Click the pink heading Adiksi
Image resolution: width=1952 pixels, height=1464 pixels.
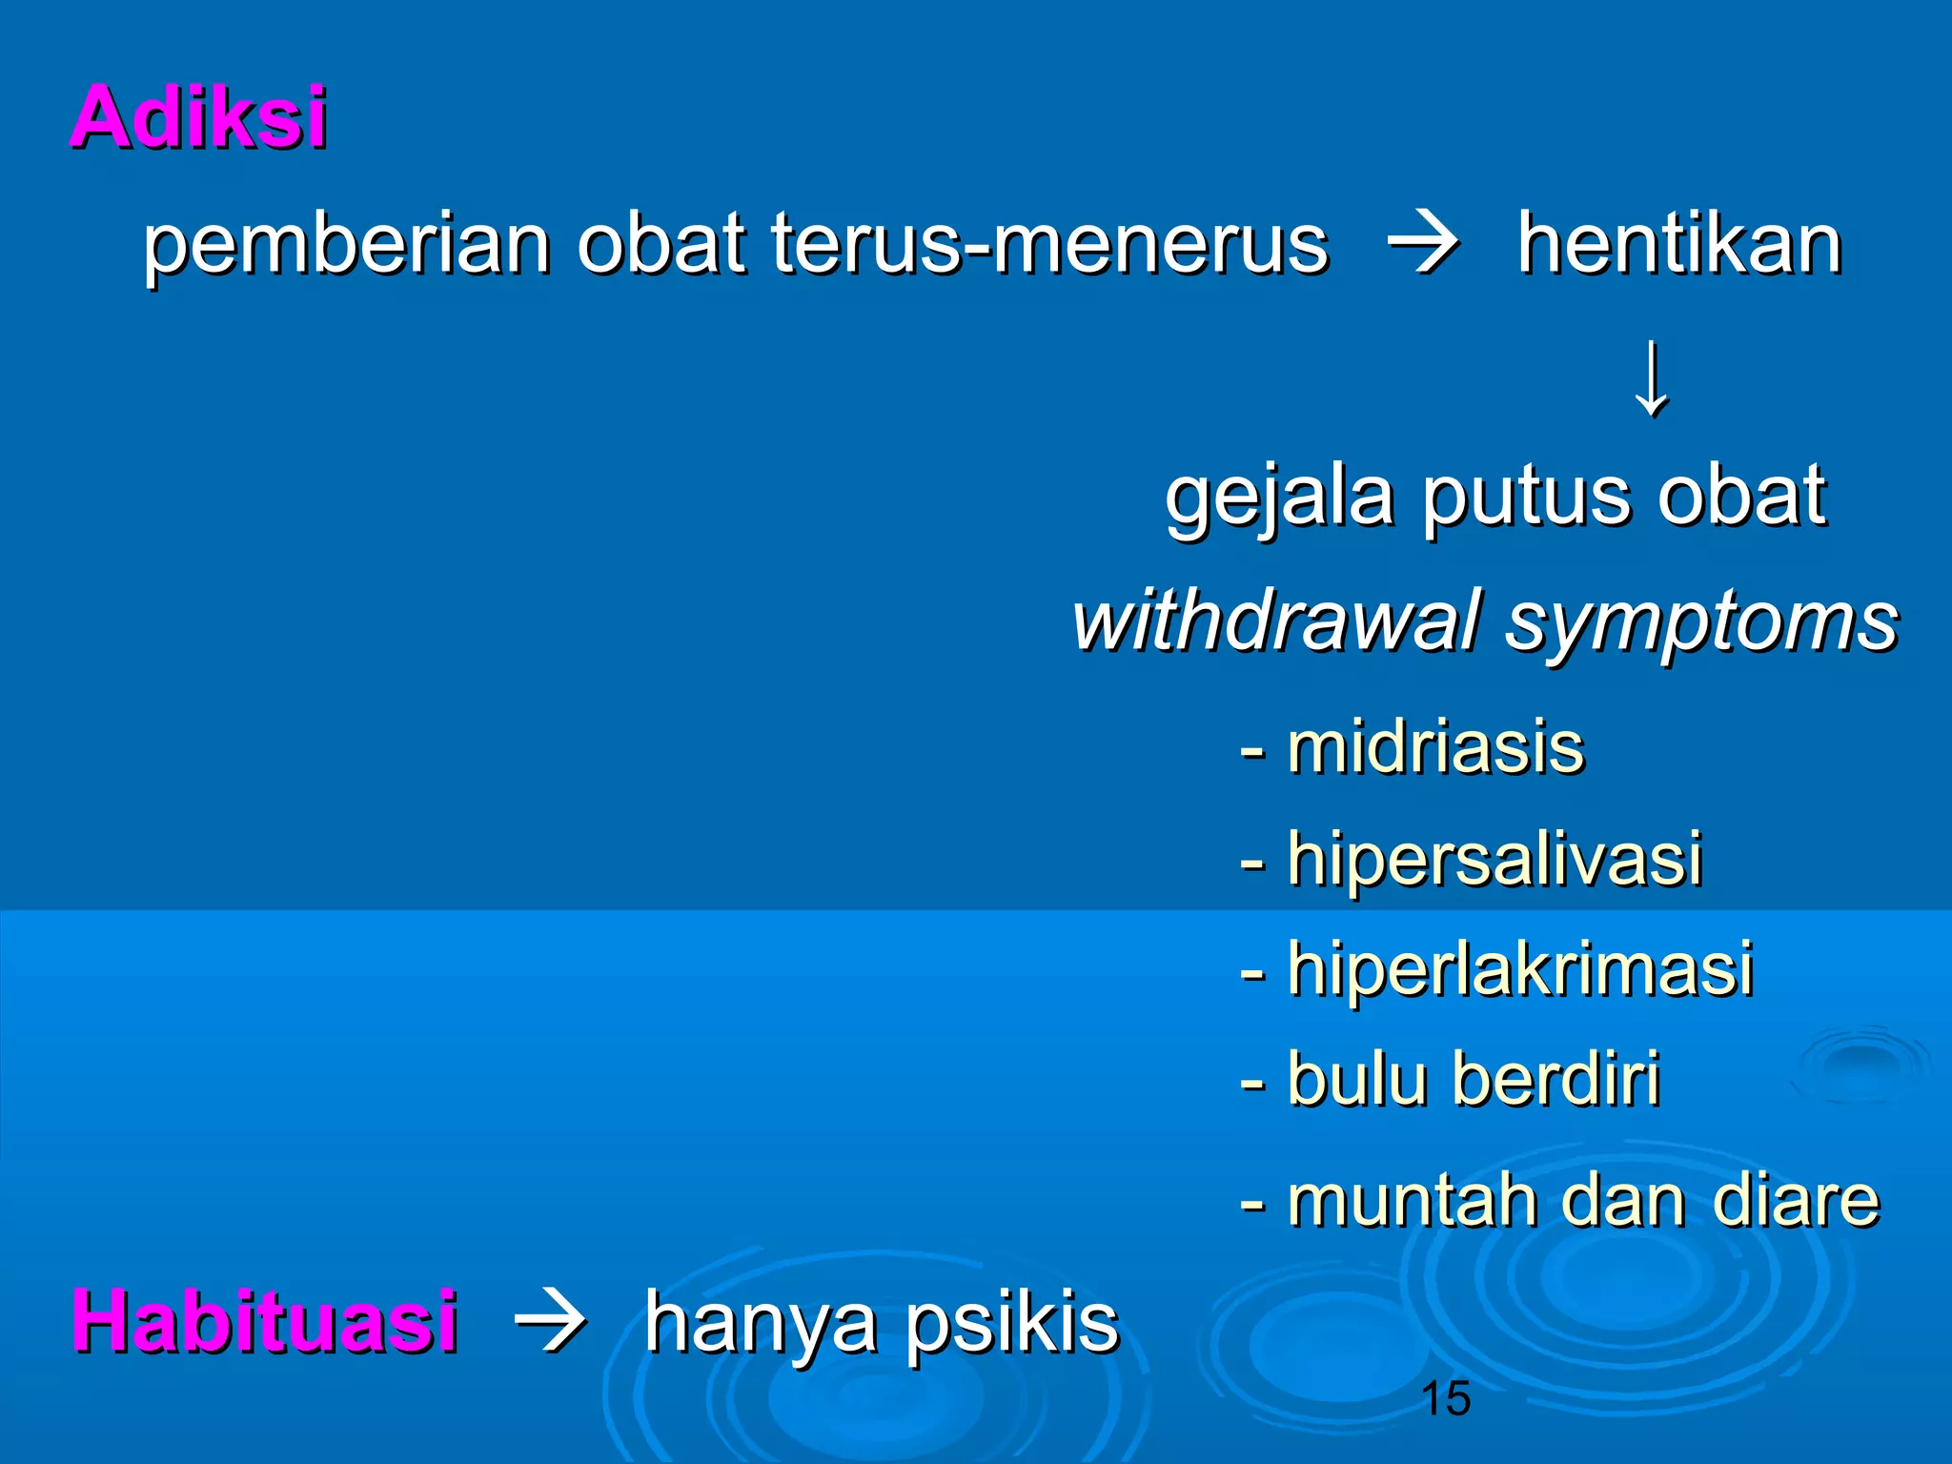(x=199, y=117)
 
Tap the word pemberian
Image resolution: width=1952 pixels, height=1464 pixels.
(x=347, y=245)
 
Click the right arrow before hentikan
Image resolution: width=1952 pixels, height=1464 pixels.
(x=1423, y=245)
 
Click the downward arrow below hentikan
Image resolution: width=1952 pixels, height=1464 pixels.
(x=1652, y=378)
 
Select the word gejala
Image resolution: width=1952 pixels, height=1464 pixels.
(x=1278, y=498)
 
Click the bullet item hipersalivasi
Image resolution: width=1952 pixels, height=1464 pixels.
(x=1494, y=858)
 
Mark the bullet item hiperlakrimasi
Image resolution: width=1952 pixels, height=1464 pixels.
(x=1520, y=968)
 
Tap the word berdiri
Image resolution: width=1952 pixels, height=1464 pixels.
(x=1556, y=1078)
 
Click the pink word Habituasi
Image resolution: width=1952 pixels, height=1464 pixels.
(x=265, y=1321)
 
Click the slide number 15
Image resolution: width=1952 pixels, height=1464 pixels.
(x=1445, y=1398)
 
